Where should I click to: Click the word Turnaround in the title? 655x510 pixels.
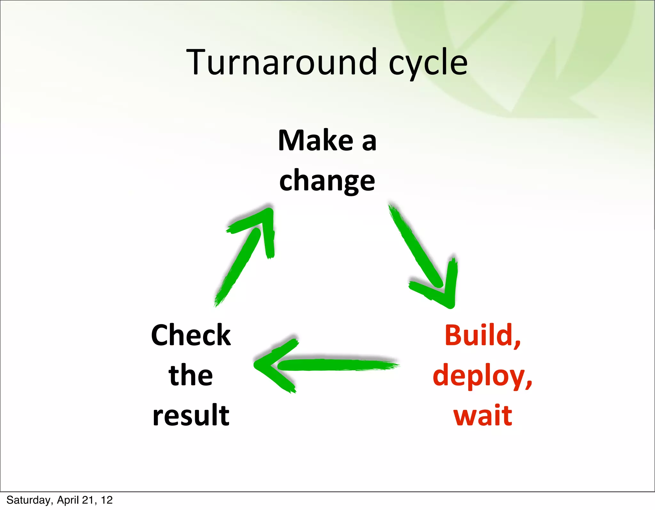pos(281,62)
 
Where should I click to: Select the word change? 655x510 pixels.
pos(327,181)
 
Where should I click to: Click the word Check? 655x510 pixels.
pos(191,335)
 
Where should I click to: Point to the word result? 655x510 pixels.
pos(191,415)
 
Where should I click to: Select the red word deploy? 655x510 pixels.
pos(482,376)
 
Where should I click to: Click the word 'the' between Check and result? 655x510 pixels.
pos(191,375)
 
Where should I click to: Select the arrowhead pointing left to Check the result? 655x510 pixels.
pos(269,365)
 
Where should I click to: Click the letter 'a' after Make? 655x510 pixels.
pos(369,142)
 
